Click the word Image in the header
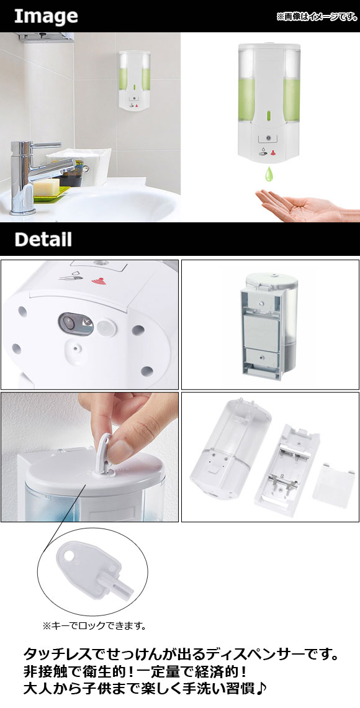click(46, 17)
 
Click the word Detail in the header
click(43, 239)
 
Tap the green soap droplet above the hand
click(270, 173)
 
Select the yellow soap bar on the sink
click(47, 187)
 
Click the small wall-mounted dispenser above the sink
click(135, 80)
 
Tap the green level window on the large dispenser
click(269, 116)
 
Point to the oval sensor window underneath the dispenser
click(75, 324)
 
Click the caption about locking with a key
click(94, 626)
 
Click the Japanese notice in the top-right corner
click(317, 17)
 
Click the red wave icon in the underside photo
click(97, 281)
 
